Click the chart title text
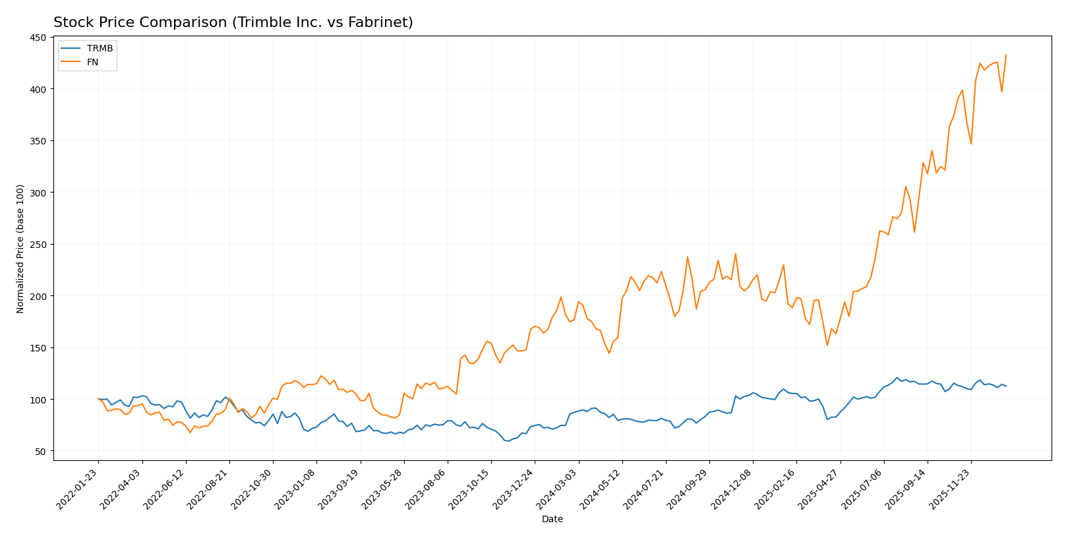233,22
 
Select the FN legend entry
92,62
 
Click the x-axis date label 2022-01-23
78,488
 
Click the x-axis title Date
552,520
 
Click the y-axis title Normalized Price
20,249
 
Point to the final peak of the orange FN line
1006,55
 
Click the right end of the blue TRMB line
1006,386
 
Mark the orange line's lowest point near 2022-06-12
190,433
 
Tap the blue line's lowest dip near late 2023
508,441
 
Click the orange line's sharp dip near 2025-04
827,345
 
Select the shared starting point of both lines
98,399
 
